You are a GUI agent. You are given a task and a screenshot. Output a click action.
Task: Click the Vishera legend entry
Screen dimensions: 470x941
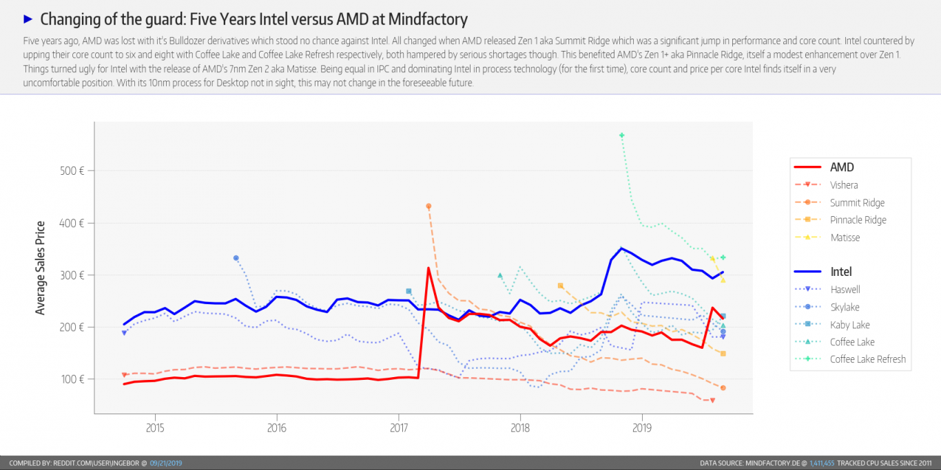[844, 185]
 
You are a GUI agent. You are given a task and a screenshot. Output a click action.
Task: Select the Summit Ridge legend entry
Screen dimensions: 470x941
[857, 203]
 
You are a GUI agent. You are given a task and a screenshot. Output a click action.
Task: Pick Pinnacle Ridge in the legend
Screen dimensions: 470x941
[858, 220]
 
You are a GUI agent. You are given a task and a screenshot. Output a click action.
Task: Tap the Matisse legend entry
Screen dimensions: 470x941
[845, 237]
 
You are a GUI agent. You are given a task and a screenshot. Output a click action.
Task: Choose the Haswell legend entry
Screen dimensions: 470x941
[845, 290]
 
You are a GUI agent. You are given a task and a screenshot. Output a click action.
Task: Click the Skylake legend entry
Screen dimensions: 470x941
[845, 307]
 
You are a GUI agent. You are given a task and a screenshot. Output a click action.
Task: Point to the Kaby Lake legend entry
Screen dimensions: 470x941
[849, 325]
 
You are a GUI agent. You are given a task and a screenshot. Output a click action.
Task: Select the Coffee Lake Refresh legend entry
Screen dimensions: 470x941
[867, 359]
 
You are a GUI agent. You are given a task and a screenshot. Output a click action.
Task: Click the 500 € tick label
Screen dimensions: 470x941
[71, 171]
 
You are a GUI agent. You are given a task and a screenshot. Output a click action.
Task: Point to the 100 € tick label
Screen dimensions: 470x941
[71, 379]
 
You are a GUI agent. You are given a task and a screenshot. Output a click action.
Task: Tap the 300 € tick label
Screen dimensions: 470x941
[71, 275]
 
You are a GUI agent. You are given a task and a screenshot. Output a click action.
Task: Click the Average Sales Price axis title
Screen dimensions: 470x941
[41, 268]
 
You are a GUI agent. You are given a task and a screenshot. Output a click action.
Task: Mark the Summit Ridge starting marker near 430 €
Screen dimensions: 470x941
[428, 206]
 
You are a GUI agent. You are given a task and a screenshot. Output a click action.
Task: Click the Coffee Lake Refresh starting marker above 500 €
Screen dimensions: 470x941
[621, 135]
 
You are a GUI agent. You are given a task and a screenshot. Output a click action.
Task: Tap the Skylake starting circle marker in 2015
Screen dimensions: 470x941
[236, 258]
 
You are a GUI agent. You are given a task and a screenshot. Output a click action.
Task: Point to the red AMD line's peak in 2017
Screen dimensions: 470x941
[428, 268]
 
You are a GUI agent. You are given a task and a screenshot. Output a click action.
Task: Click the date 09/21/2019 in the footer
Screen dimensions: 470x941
[166, 463]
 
